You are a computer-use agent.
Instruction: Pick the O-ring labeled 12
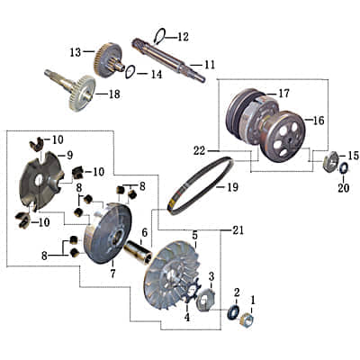click(x=159, y=36)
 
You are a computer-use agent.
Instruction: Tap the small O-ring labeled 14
click(x=129, y=71)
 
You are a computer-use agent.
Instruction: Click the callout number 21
click(x=238, y=231)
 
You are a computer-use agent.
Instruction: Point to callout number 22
click(x=199, y=148)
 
